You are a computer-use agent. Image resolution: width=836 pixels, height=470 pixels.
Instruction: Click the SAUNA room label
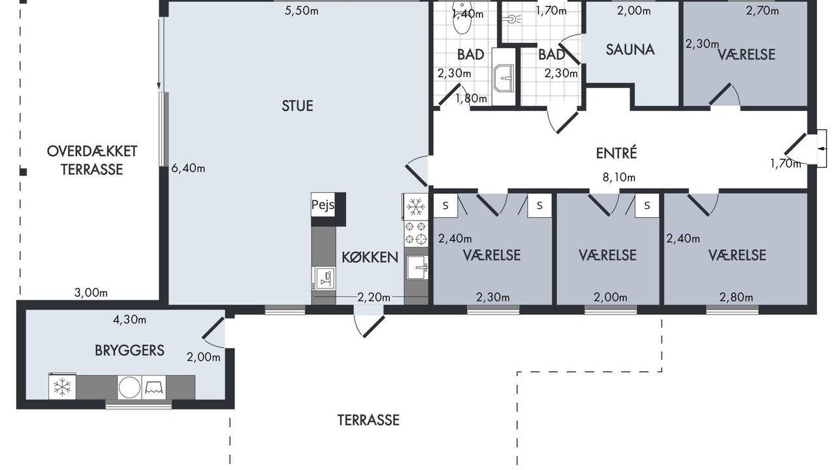(x=630, y=50)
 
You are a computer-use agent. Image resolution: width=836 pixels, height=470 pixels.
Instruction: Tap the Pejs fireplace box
(x=323, y=204)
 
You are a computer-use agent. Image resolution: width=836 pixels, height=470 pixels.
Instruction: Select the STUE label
(x=297, y=106)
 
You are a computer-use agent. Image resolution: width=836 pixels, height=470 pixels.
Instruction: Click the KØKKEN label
(x=370, y=257)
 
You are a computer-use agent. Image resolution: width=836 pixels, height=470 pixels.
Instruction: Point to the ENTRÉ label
(x=616, y=153)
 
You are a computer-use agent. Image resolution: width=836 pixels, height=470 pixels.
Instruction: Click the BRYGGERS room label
(x=129, y=351)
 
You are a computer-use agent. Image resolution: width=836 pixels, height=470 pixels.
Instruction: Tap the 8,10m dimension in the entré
(x=619, y=177)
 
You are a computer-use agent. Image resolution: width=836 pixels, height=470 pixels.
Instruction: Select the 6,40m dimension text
(x=188, y=168)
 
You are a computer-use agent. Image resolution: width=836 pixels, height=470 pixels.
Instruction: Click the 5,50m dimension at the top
(x=302, y=11)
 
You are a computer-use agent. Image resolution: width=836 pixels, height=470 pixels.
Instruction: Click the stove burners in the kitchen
(x=415, y=233)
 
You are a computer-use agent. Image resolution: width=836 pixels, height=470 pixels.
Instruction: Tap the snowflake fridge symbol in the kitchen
(x=415, y=206)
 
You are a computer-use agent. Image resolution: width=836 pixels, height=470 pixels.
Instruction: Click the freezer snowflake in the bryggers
(x=62, y=387)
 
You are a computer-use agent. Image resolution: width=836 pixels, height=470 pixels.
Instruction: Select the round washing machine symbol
(x=129, y=387)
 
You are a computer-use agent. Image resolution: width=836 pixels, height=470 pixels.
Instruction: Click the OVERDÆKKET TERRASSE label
(x=92, y=161)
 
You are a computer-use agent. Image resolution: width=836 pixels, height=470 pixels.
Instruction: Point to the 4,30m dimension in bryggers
(x=129, y=320)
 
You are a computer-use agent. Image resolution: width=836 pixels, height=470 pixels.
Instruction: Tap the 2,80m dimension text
(x=736, y=297)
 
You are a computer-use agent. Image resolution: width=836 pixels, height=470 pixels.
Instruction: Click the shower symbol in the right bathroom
(x=511, y=19)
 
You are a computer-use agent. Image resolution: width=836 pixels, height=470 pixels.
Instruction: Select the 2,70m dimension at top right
(x=762, y=11)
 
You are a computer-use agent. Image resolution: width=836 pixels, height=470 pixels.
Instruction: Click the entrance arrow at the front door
(x=822, y=148)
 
